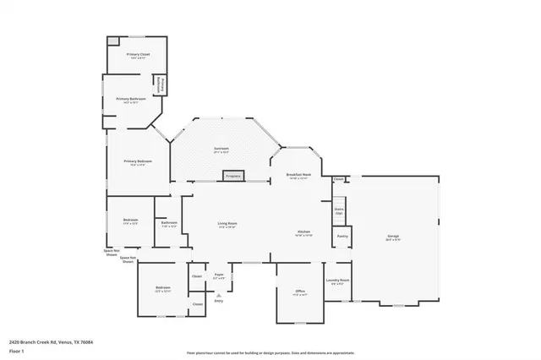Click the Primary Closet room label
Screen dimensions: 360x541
[x=138, y=54]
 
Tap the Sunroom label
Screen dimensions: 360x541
[x=221, y=150]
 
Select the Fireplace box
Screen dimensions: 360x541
[x=232, y=176]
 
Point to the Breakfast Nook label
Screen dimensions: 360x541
[x=300, y=175]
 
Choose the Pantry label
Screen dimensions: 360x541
[x=342, y=236]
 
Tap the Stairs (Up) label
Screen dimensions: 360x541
[x=339, y=211]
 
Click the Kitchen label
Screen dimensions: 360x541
[x=304, y=232]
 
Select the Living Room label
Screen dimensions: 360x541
[x=227, y=225]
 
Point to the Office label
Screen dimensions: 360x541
[x=299, y=292]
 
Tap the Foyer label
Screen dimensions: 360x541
[x=218, y=275]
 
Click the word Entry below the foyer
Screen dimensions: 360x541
[x=218, y=301]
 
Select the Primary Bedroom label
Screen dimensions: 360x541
[x=138, y=161]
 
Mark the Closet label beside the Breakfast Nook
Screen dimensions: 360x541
[x=338, y=179]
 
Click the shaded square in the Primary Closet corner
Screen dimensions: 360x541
[x=112, y=41]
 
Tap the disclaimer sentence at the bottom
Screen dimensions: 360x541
[x=270, y=352]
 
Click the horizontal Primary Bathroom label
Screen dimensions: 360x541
[x=131, y=99]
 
